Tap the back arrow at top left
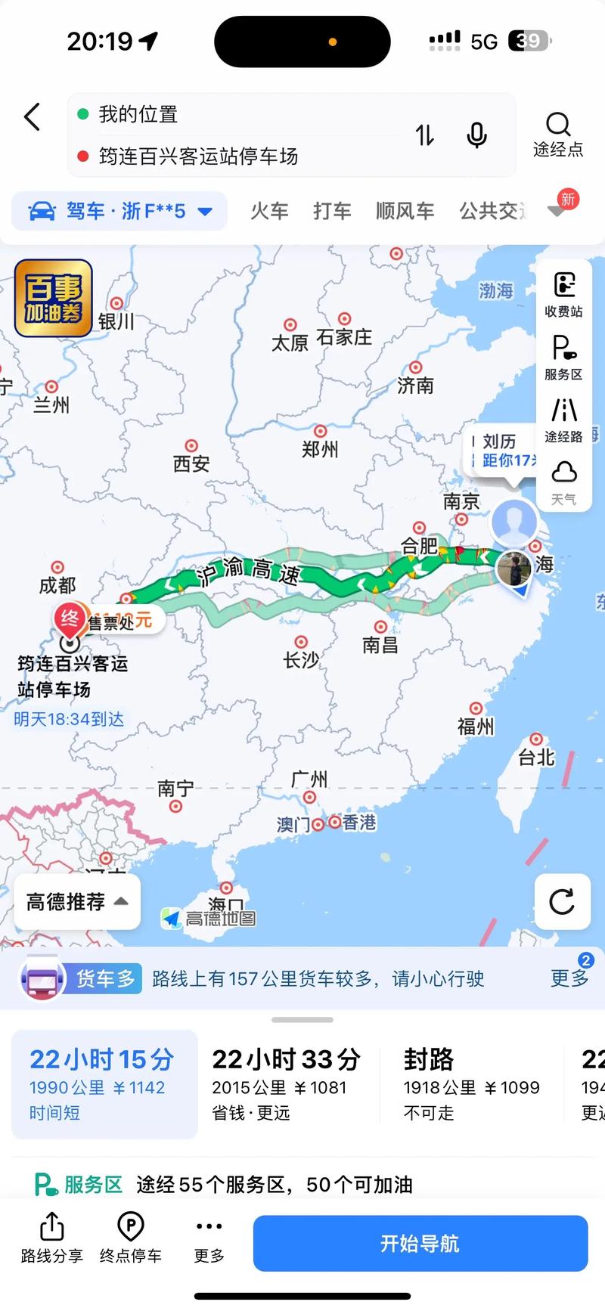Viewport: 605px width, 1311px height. pyautogui.click(x=32, y=117)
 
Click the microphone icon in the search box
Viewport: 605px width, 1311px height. pyautogui.click(x=476, y=135)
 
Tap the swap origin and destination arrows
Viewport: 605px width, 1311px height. pyautogui.click(x=425, y=135)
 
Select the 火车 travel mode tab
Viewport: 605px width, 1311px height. pyautogui.click(x=269, y=211)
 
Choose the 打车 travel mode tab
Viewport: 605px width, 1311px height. pyautogui.click(x=332, y=211)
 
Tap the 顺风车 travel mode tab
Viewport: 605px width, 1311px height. pyautogui.click(x=405, y=211)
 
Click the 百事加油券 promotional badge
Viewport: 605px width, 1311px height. pyautogui.click(x=53, y=298)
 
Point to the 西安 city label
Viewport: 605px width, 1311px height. pyautogui.click(x=191, y=463)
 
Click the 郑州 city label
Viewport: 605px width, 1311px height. pyautogui.click(x=320, y=449)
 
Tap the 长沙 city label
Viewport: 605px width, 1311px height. pyautogui.click(x=301, y=659)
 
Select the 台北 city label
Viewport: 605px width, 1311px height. pyautogui.click(x=536, y=756)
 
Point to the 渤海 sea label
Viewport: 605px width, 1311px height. pyautogui.click(x=496, y=290)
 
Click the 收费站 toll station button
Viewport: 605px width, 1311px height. pyautogui.click(x=563, y=294)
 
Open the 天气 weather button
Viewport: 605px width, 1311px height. pyautogui.click(x=563, y=482)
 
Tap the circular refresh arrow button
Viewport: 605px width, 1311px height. pyautogui.click(x=562, y=901)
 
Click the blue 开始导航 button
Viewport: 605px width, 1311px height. pyautogui.click(x=420, y=1244)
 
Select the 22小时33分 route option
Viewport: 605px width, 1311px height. pyautogui.click(x=286, y=1083)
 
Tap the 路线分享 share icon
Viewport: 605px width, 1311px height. pyautogui.click(x=51, y=1238)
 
